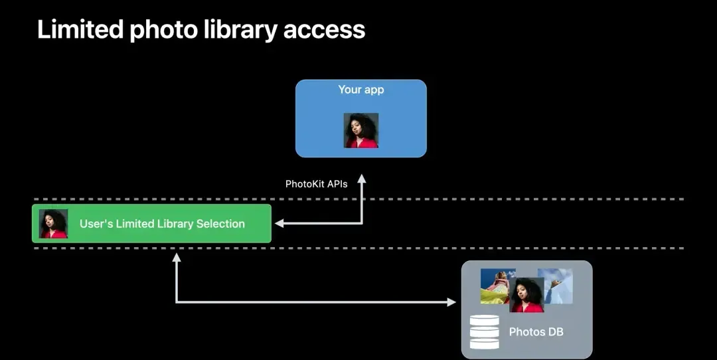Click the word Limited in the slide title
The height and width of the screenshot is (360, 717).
pos(80,29)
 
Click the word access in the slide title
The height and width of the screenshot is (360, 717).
pos(324,30)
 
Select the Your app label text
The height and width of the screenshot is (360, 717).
pos(360,90)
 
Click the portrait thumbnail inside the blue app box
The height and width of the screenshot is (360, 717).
pos(360,130)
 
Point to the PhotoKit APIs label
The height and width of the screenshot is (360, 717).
pos(317,184)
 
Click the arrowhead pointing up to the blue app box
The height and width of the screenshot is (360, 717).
pos(362,179)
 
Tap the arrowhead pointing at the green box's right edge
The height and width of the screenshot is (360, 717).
pos(279,223)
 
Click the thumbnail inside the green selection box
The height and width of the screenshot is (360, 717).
pos(54,224)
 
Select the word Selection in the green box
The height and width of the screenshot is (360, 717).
pos(220,224)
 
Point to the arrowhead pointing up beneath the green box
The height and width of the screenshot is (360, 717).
pos(177,258)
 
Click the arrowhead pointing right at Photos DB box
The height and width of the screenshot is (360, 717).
pos(451,302)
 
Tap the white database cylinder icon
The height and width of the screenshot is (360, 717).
pos(484,331)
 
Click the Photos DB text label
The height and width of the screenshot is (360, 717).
pos(536,331)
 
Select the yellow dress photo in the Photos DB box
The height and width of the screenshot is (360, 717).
pos(495,286)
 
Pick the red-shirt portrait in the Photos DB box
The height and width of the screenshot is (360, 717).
pos(526,295)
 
